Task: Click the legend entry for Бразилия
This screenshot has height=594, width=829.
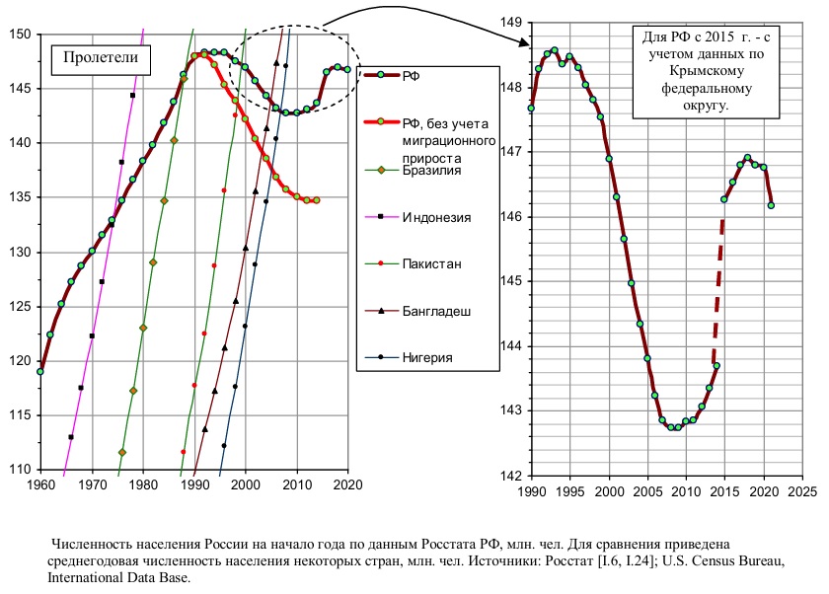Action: coord(413,170)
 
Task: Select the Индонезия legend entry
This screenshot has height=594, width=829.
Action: coord(417,217)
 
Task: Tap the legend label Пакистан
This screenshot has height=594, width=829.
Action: coord(413,263)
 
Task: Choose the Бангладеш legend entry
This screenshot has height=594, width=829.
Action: coord(417,311)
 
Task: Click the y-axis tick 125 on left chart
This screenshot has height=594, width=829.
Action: coord(20,307)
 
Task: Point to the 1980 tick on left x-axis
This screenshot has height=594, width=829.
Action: coord(144,484)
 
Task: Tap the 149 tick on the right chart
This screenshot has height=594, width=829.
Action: coord(511,22)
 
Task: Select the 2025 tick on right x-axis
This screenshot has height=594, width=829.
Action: coord(802,491)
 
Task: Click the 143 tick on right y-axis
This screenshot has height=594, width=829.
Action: coord(511,410)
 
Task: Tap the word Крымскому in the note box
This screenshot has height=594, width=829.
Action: coord(707,71)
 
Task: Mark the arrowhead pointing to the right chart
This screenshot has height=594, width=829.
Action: coord(525,42)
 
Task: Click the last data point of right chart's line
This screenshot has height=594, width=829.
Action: coord(771,205)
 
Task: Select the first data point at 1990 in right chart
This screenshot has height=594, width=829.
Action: coord(531,109)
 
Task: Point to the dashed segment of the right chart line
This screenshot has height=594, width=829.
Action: coord(718,291)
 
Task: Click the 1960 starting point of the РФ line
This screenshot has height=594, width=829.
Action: coord(40,372)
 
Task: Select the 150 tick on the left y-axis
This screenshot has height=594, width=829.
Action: coord(20,35)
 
